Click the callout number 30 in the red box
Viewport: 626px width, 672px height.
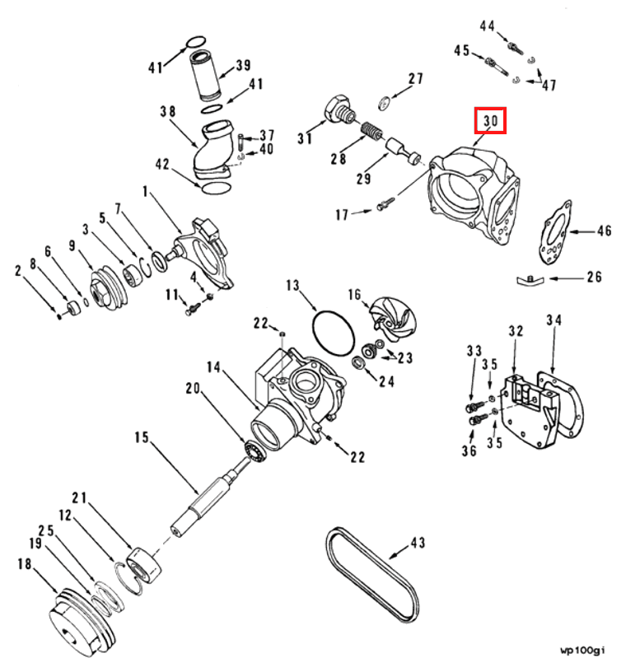[491, 121]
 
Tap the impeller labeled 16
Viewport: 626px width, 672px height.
[385, 316]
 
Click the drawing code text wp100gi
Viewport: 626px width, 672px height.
[582, 651]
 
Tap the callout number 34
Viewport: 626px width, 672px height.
[553, 320]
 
